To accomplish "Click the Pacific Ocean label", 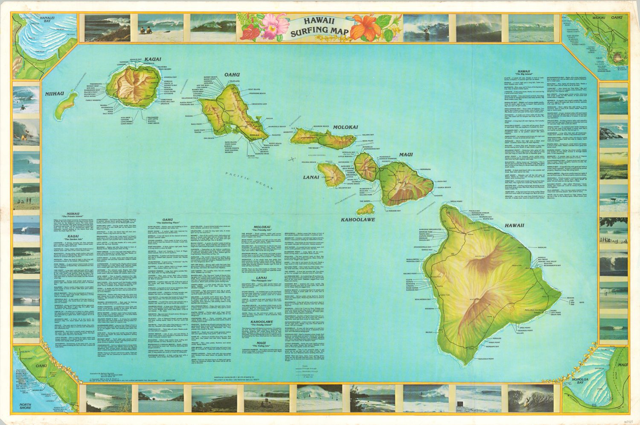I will (250, 179).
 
